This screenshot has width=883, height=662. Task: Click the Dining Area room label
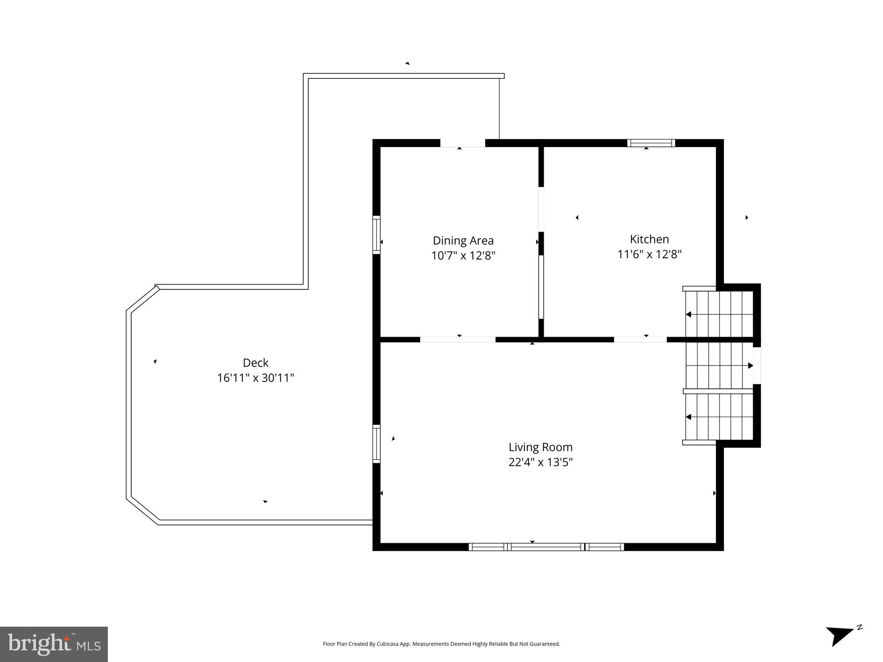[463, 240]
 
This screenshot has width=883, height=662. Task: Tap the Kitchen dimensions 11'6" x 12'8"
[649, 254]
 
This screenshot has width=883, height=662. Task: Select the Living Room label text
[540, 447]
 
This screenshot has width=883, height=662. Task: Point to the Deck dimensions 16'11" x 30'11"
[255, 378]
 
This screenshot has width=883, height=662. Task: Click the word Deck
[255, 362]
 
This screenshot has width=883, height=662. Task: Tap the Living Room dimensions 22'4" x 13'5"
[540, 462]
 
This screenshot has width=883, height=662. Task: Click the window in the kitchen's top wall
[650, 143]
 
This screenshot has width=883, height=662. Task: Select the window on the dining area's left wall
[377, 235]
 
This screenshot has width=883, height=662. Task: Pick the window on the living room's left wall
[377, 443]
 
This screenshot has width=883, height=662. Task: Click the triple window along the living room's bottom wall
[546, 547]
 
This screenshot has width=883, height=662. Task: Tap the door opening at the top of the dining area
[462, 143]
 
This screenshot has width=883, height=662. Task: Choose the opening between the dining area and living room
[458, 340]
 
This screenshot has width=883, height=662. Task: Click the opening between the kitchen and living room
[640, 340]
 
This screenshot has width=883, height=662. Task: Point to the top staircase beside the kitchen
[719, 314]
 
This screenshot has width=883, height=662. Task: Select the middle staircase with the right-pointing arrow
[719, 365]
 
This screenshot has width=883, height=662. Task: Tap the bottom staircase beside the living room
[719, 417]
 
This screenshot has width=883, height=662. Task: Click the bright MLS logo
[54, 644]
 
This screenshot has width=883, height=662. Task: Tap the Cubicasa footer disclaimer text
[441, 644]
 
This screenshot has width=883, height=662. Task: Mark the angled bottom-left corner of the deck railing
[143, 511]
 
